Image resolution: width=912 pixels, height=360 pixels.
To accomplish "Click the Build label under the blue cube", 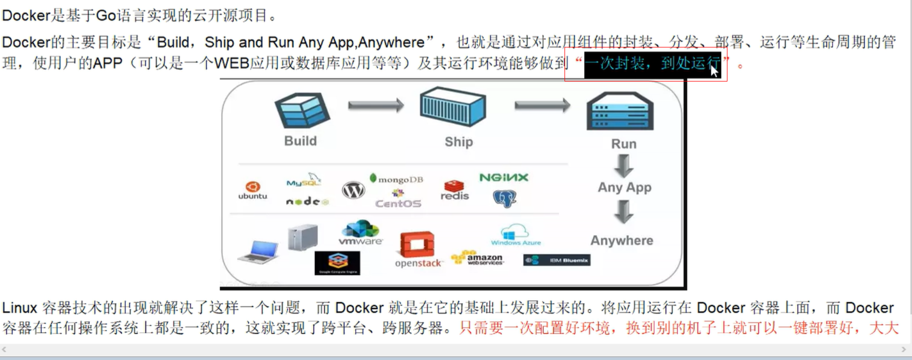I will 301,141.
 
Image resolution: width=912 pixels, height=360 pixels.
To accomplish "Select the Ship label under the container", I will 458,142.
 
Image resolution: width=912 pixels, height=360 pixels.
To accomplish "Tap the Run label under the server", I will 624,144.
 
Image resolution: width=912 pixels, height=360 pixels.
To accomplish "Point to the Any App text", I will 624,187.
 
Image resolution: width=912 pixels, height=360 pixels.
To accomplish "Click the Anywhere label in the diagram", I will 622,240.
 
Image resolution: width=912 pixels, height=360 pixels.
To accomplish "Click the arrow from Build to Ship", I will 375,106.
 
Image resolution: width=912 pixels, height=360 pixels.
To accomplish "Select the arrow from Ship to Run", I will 542,106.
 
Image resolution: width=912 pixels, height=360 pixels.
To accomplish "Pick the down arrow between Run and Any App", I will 624,166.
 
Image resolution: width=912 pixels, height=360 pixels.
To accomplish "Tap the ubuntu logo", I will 253,190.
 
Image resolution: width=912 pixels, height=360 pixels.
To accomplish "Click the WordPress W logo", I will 354,190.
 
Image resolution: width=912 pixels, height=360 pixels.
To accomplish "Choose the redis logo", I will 455,190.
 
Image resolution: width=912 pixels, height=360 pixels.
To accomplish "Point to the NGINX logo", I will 504,178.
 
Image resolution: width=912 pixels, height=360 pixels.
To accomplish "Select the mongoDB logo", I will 396,179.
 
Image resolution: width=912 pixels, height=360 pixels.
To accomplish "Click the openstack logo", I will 418,251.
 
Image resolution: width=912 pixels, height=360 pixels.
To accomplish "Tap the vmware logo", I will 360,233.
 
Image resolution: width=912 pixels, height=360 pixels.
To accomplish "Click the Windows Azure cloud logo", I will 516,235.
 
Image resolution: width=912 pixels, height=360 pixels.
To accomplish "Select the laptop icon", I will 259,252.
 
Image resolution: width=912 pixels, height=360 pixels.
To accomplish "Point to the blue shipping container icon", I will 453,106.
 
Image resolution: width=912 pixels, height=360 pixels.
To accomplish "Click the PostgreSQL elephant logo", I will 505,198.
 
